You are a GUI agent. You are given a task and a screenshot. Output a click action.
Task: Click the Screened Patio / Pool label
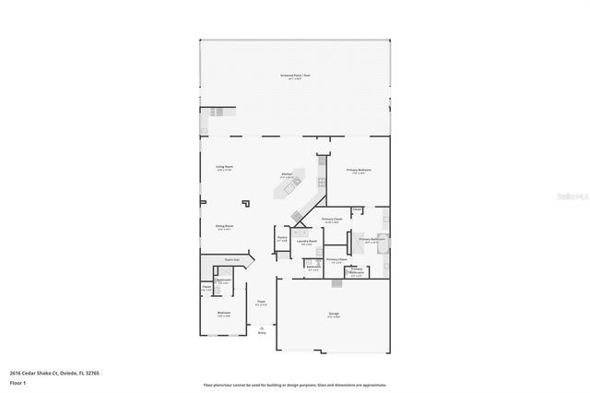[x=294, y=76]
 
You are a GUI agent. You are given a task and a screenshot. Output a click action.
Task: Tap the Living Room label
[x=224, y=167]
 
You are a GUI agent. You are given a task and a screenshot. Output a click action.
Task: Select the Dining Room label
[x=224, y=226]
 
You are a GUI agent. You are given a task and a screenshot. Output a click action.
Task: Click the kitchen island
[x=288, y=190]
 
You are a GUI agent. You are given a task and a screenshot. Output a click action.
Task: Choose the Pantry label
[x=282, y=237]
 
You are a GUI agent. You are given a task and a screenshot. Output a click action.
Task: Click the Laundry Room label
[x=307, y=241]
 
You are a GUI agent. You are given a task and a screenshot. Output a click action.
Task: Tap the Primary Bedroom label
[x=359, y=170]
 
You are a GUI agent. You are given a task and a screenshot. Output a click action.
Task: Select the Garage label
[x=333, y=314]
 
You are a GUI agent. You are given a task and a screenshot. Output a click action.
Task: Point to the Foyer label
[x=261, y=301]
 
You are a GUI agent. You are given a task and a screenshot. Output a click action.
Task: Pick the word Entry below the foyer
[x=261, y=333]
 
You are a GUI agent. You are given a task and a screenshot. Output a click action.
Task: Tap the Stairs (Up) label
[x=233, y=261]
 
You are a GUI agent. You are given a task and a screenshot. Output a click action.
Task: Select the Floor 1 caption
[x=18, y=382]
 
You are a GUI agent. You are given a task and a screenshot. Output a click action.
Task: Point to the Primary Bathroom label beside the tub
[x=372, y=239]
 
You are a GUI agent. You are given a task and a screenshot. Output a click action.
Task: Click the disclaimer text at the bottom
[x=294, y=385]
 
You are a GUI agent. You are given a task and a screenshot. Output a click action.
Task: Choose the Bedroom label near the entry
[x=224, y=313]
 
